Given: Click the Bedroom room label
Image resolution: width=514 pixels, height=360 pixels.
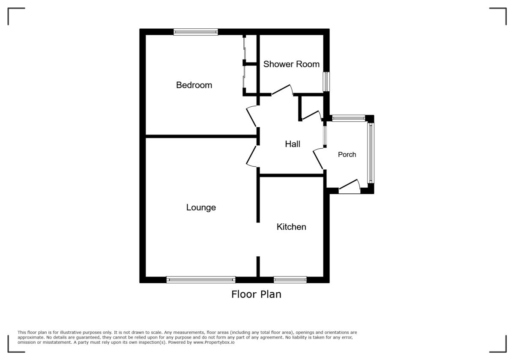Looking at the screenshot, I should pos(194,85).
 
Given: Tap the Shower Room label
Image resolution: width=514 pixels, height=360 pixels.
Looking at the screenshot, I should pos(291,64).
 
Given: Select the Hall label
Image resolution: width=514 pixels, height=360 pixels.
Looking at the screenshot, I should pos(293,144).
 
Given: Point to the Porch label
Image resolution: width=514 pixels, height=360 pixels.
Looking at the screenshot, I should pos(347,155).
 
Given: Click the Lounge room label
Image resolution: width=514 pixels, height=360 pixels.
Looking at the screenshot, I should pos(201,207).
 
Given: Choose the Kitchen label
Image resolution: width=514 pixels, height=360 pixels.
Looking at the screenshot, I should pos(291,227).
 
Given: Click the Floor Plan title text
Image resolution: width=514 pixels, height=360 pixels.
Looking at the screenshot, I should pos(256,294).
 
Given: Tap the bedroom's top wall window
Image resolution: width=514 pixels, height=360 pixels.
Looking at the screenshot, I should pos(196,32).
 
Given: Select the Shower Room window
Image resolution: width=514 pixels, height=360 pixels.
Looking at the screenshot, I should pos(326,81).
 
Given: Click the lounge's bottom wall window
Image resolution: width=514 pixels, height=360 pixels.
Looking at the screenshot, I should pos(201,280).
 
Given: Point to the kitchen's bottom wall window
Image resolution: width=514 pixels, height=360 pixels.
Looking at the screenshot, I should pos(290,280).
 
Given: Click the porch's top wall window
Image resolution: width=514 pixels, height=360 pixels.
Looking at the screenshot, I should pos(348,118).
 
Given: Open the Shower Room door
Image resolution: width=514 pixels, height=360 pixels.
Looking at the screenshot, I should pos(282,90).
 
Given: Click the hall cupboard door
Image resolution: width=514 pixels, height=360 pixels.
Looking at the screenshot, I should pos(312,115).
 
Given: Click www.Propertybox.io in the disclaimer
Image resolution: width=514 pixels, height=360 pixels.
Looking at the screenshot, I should pos(213,342).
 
